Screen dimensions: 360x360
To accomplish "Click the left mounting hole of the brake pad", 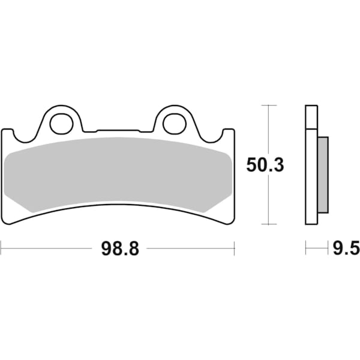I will point(60,124).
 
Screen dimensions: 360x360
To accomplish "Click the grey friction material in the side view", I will point(323,174).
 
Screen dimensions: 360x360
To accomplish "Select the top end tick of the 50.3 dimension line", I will point(268,106).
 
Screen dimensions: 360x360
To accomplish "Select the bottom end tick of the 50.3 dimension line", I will point(268,223).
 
